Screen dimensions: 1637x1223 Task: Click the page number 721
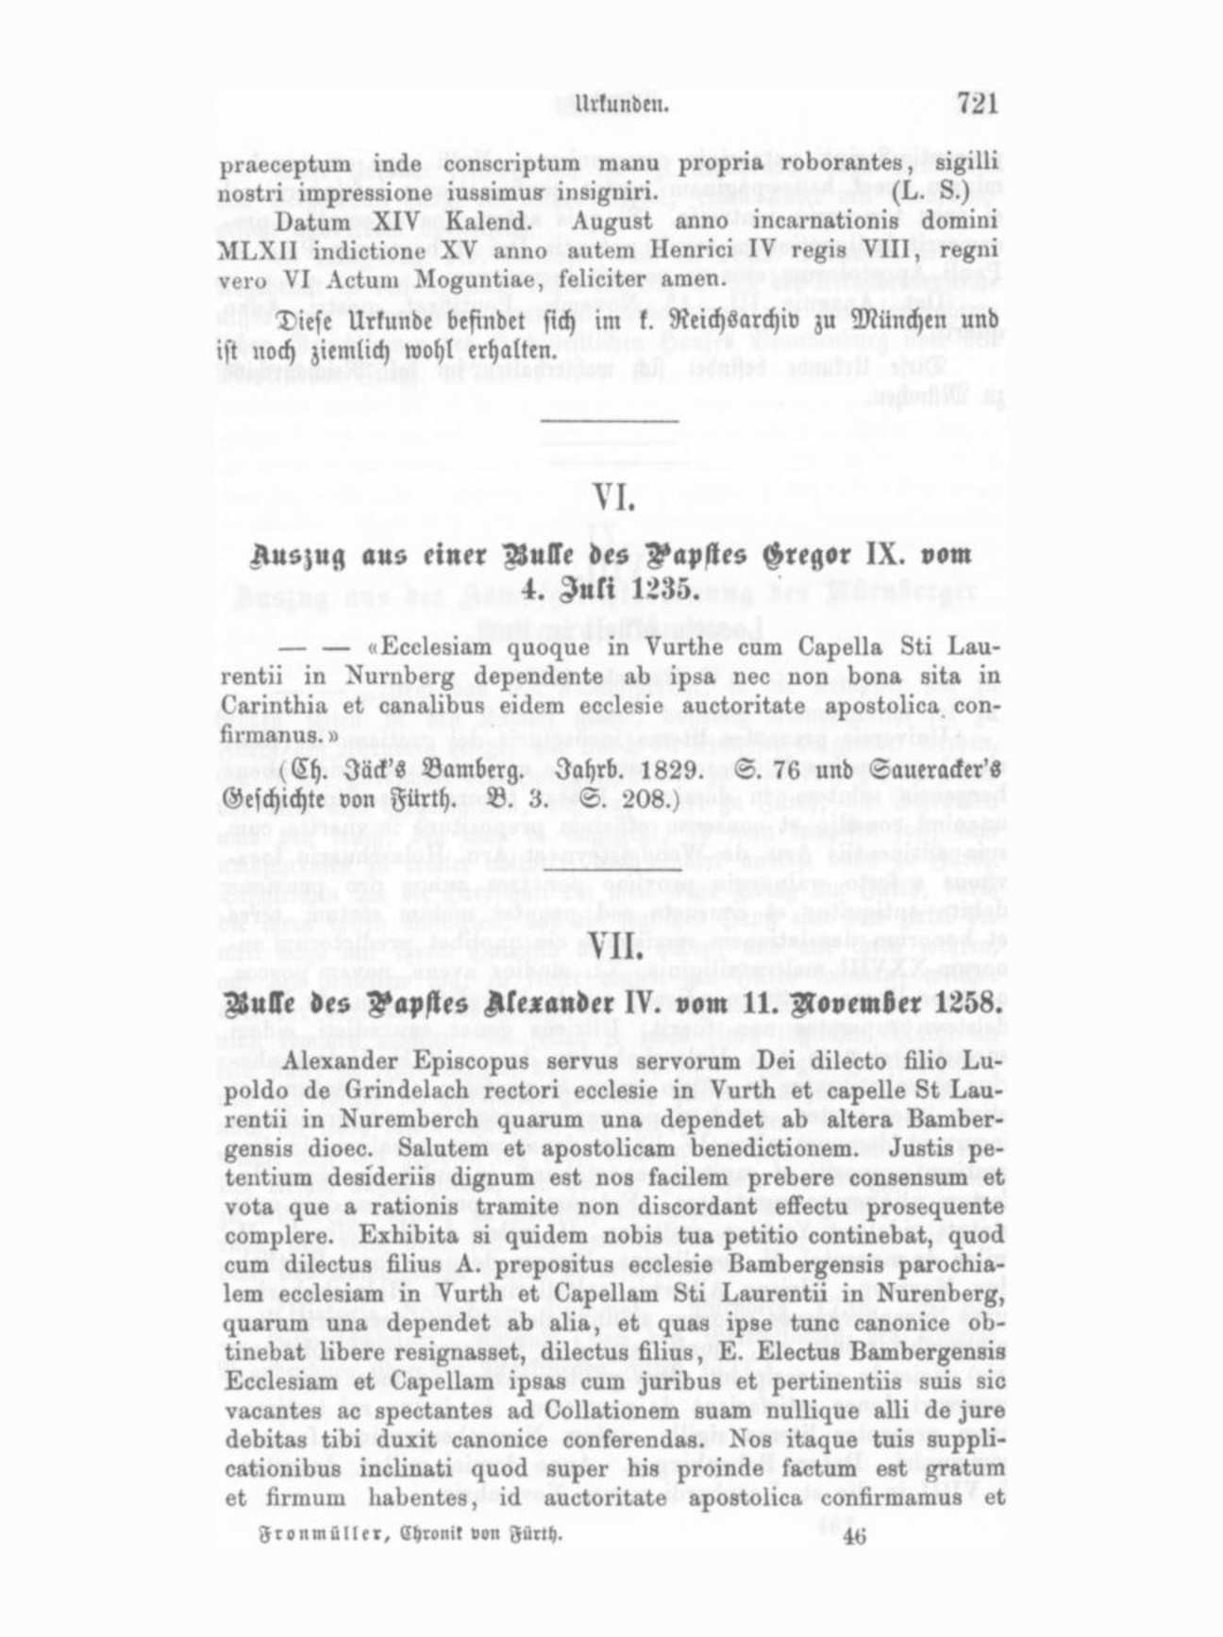coord(977,102)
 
